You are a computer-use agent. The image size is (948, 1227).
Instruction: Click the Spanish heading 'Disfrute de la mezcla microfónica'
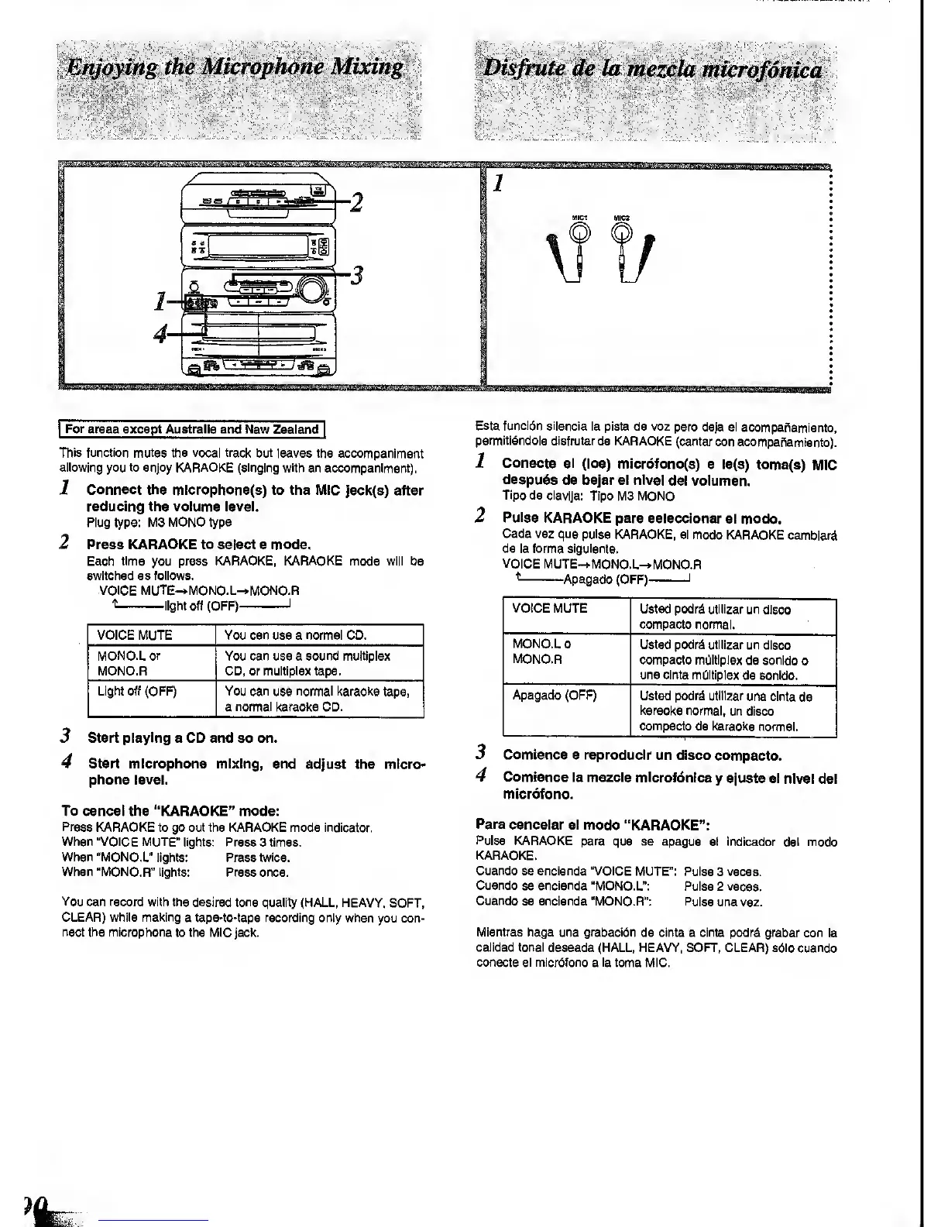(652, 70)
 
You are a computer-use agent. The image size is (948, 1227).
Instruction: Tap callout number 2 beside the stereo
(357, 203)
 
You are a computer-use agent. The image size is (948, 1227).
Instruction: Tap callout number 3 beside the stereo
(357, 275)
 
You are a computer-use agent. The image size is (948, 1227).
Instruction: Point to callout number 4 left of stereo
(160, 335)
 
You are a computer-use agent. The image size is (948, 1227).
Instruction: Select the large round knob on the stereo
(312, 289)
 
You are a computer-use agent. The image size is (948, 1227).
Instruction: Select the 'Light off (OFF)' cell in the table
(137, 691)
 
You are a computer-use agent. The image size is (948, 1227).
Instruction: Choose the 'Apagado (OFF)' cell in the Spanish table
(555, 695)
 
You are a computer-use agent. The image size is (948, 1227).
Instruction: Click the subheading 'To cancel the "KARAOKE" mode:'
(170, 811)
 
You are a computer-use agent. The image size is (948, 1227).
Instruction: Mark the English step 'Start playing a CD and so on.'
(183, 737)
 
